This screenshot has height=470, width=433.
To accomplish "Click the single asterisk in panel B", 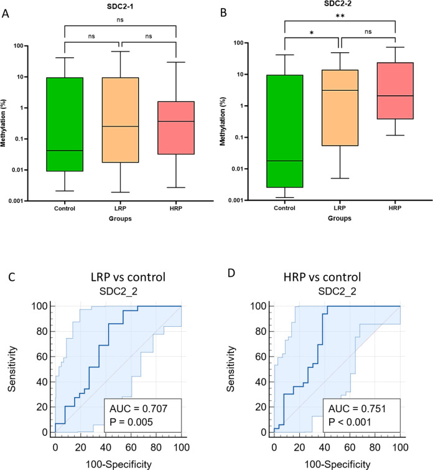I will point(311,35).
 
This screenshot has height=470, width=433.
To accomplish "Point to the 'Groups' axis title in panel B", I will point(340,219).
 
